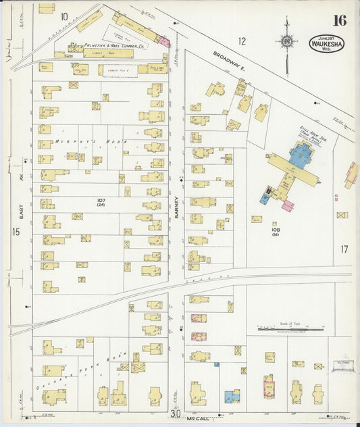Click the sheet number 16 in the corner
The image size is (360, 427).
tap(338, 20)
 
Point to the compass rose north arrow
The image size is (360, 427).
tap(287, 43)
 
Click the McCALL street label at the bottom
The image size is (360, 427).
tap(195, 419)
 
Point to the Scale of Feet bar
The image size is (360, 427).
tap(291, 329)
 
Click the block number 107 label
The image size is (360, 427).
tap(102, 201)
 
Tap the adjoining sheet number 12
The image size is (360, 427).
tap(242, 41)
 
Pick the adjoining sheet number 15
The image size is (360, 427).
tap(16, 232)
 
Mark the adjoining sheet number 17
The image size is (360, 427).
tap(344, 249)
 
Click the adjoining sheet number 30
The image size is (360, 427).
tap(176, 413)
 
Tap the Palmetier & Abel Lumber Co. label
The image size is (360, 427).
tap(108, 47)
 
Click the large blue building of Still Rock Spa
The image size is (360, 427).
tap(300, 154)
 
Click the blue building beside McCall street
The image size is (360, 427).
tap(232, 396)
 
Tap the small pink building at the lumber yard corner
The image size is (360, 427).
tap(163, 42)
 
